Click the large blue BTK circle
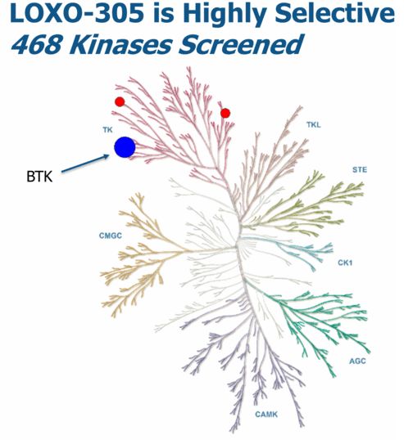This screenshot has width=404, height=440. pos(125,147)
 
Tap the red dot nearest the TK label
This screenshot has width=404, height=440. pos(120,101)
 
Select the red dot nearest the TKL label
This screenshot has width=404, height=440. pos(225,113)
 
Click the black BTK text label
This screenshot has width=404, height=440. pos(39,177)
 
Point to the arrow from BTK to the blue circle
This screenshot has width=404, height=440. pos(85,164)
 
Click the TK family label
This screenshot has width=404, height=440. pos(107,130)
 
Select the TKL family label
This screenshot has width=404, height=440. pos(314,125)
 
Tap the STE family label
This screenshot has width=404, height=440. pos(360,170)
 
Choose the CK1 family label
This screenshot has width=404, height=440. pos(345,263)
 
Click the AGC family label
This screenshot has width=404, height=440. pos(357,361)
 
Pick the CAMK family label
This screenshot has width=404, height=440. pos(266,414)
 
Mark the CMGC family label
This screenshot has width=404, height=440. pos(111,236)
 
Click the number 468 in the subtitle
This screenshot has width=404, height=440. pos(36,44)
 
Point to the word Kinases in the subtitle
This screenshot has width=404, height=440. pos(119,44)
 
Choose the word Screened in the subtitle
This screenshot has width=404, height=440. pos(240,44)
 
